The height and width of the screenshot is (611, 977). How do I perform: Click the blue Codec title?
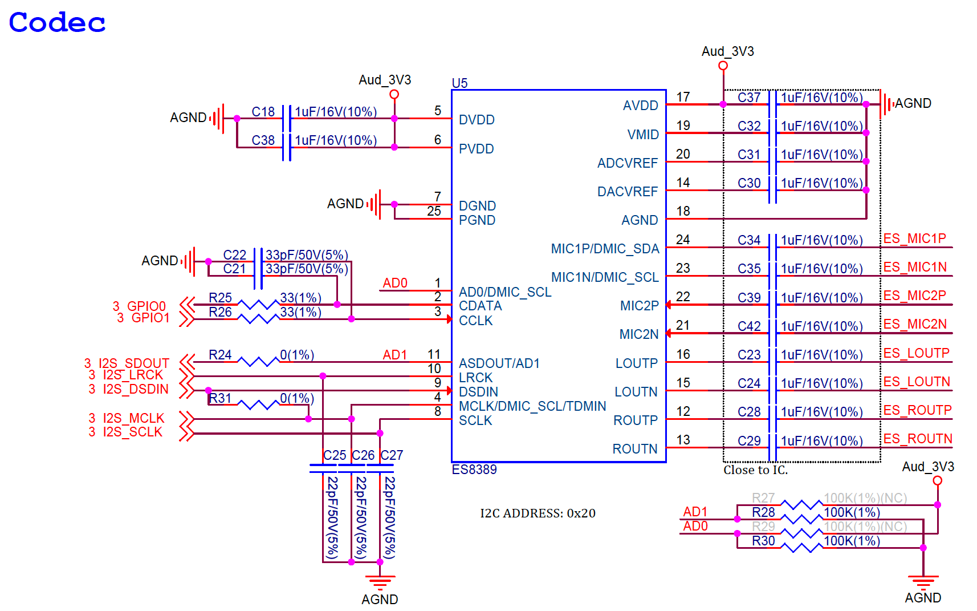click(x=57, y=22)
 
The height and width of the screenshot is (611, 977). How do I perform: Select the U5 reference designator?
click(x=459, y=83)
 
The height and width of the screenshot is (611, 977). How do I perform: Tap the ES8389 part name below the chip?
click(x=474, y=470)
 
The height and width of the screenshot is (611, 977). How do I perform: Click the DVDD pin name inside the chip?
click(x=477, y=120)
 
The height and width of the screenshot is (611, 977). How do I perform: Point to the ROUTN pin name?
click(x=634, y=448)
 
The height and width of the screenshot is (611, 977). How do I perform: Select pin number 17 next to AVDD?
click(x=683, y=97)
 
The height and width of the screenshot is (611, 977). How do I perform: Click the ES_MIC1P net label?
click(x=915, y=238)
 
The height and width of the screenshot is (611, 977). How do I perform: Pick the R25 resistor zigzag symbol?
click(x=258, y=304)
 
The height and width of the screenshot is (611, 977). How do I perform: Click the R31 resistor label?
click(x=220, y=398)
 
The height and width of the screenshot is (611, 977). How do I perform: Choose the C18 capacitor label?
click(x=263, y=112)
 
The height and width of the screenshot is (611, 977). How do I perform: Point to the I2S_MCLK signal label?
click(x=133, y=418)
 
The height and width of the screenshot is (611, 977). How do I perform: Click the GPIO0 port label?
click(x=146, y=306)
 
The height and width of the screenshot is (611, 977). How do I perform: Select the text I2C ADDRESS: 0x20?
click(x=538, y=513)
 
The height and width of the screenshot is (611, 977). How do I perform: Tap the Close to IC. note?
click(x=755, y=470)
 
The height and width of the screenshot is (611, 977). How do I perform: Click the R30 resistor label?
click(x=763, y=541)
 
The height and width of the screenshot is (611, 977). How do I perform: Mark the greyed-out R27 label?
click(x=763, y=498)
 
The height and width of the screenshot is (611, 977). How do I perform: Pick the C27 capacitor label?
click(x=392, y=455)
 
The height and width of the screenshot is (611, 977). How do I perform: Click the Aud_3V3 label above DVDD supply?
click(x=385, y=80)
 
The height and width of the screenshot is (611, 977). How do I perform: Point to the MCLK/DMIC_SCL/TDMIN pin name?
click(x=532, y=406)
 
